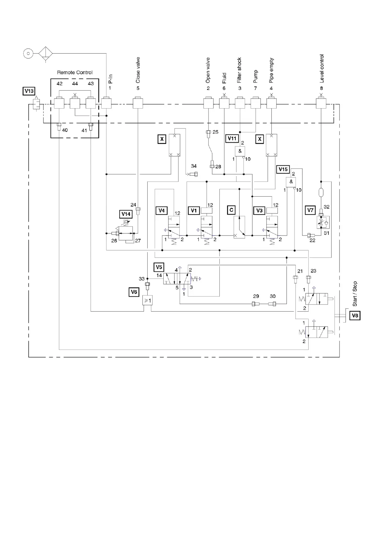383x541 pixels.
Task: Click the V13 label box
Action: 29,91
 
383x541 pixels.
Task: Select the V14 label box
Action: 126,214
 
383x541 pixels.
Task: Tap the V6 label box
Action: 134,292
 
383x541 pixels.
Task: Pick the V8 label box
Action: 355,315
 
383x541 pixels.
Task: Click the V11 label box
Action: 232,138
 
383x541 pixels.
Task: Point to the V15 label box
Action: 283,169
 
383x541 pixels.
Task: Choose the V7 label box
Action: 310,210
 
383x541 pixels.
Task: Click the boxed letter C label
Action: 231,210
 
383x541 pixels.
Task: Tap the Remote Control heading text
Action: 75,73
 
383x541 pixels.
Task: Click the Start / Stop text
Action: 355,294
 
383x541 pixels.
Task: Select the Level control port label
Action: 322,68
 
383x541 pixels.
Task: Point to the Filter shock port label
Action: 240,70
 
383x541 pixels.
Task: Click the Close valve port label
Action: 138,70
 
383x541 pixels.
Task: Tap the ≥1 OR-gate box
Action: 147,301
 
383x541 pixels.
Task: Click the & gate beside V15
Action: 291,182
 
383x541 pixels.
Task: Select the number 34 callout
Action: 194,166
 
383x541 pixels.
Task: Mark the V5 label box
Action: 159,267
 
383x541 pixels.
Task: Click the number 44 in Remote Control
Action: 75,84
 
